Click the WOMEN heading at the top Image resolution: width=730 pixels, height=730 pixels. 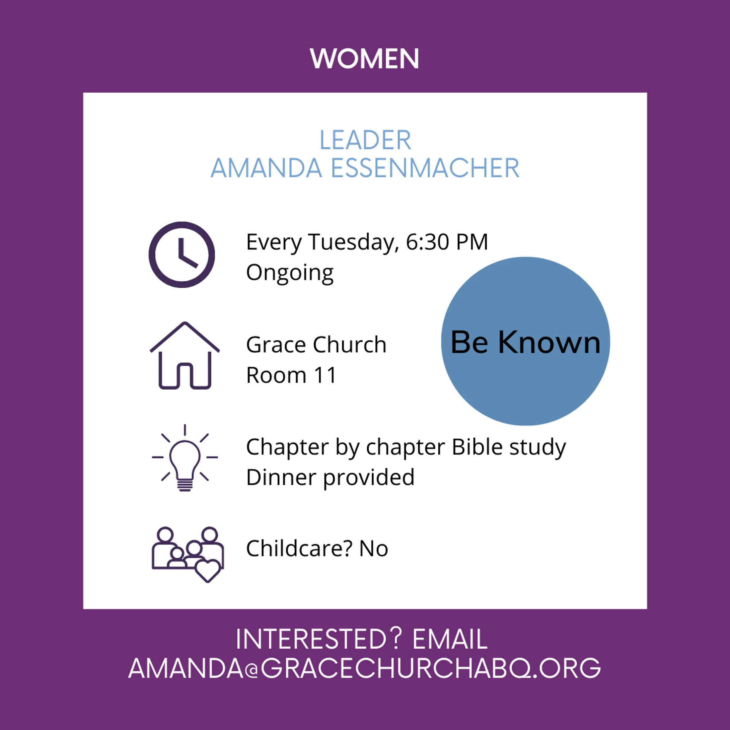tap(365, 59)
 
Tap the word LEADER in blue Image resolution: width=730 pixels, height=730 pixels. tap(365, 140)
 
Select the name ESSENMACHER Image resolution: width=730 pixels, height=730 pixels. tap(425, 168)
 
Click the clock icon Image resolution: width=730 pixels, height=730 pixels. tap(182, 255)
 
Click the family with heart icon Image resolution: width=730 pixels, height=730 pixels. tap(188, 554)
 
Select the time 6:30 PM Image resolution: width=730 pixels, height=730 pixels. tap(447, 242)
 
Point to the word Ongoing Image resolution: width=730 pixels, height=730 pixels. tap(290, 273)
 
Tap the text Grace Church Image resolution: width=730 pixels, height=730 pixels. tap(316, 345)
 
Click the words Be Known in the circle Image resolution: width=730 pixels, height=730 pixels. tap(525, 342)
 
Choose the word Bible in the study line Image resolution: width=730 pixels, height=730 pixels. tap(477, 447)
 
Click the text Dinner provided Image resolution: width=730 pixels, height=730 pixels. tap(330, 477)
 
